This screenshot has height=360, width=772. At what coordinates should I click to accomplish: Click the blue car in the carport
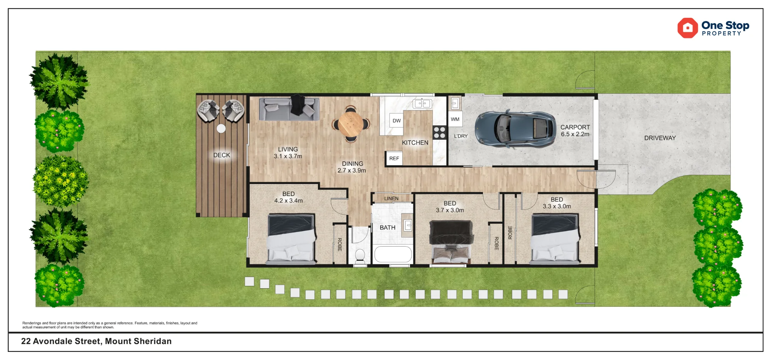tap(515, 129)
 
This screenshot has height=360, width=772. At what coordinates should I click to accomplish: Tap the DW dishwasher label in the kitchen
tap(396, 121)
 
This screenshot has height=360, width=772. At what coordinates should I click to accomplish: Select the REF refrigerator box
tap(394, 159)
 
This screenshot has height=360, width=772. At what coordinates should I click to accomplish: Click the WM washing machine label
tap(455, 119)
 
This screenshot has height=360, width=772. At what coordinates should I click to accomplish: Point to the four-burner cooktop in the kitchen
tap(439, 132)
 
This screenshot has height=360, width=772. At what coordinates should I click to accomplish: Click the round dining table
tap(350, 124)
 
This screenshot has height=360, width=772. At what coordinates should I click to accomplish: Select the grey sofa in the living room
tap(289, 109)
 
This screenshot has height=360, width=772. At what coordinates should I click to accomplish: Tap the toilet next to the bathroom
tap(360, 257)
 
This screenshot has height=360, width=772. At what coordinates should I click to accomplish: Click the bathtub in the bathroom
tap(393, 255)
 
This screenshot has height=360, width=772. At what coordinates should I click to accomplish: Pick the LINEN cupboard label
tap(391, 198)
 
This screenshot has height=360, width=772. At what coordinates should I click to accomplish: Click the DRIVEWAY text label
tap(660, 138)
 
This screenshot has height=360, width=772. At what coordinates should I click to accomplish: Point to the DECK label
tap(222, 155)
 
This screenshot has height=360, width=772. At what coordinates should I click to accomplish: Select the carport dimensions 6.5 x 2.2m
tap(575, 134)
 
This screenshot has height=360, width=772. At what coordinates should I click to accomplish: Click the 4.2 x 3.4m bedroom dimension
tap(288, 201)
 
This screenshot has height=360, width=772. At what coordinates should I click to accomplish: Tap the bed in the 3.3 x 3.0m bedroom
tap(555, 239)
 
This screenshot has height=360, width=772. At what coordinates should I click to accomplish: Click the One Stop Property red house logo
tap(687, 28)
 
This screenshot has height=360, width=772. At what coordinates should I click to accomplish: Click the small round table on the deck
tap(221, 128)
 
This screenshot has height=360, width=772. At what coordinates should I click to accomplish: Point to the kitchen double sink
tap(422, 103)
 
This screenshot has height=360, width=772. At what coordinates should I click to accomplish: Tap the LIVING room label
tap(288, 149)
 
